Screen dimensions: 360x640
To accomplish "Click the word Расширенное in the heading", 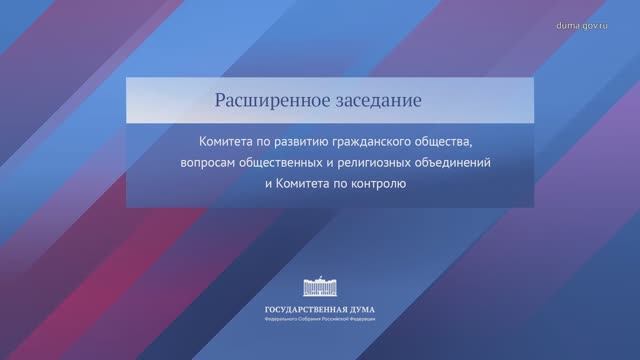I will point(262,101).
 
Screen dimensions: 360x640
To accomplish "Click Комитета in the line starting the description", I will point(228,142).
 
